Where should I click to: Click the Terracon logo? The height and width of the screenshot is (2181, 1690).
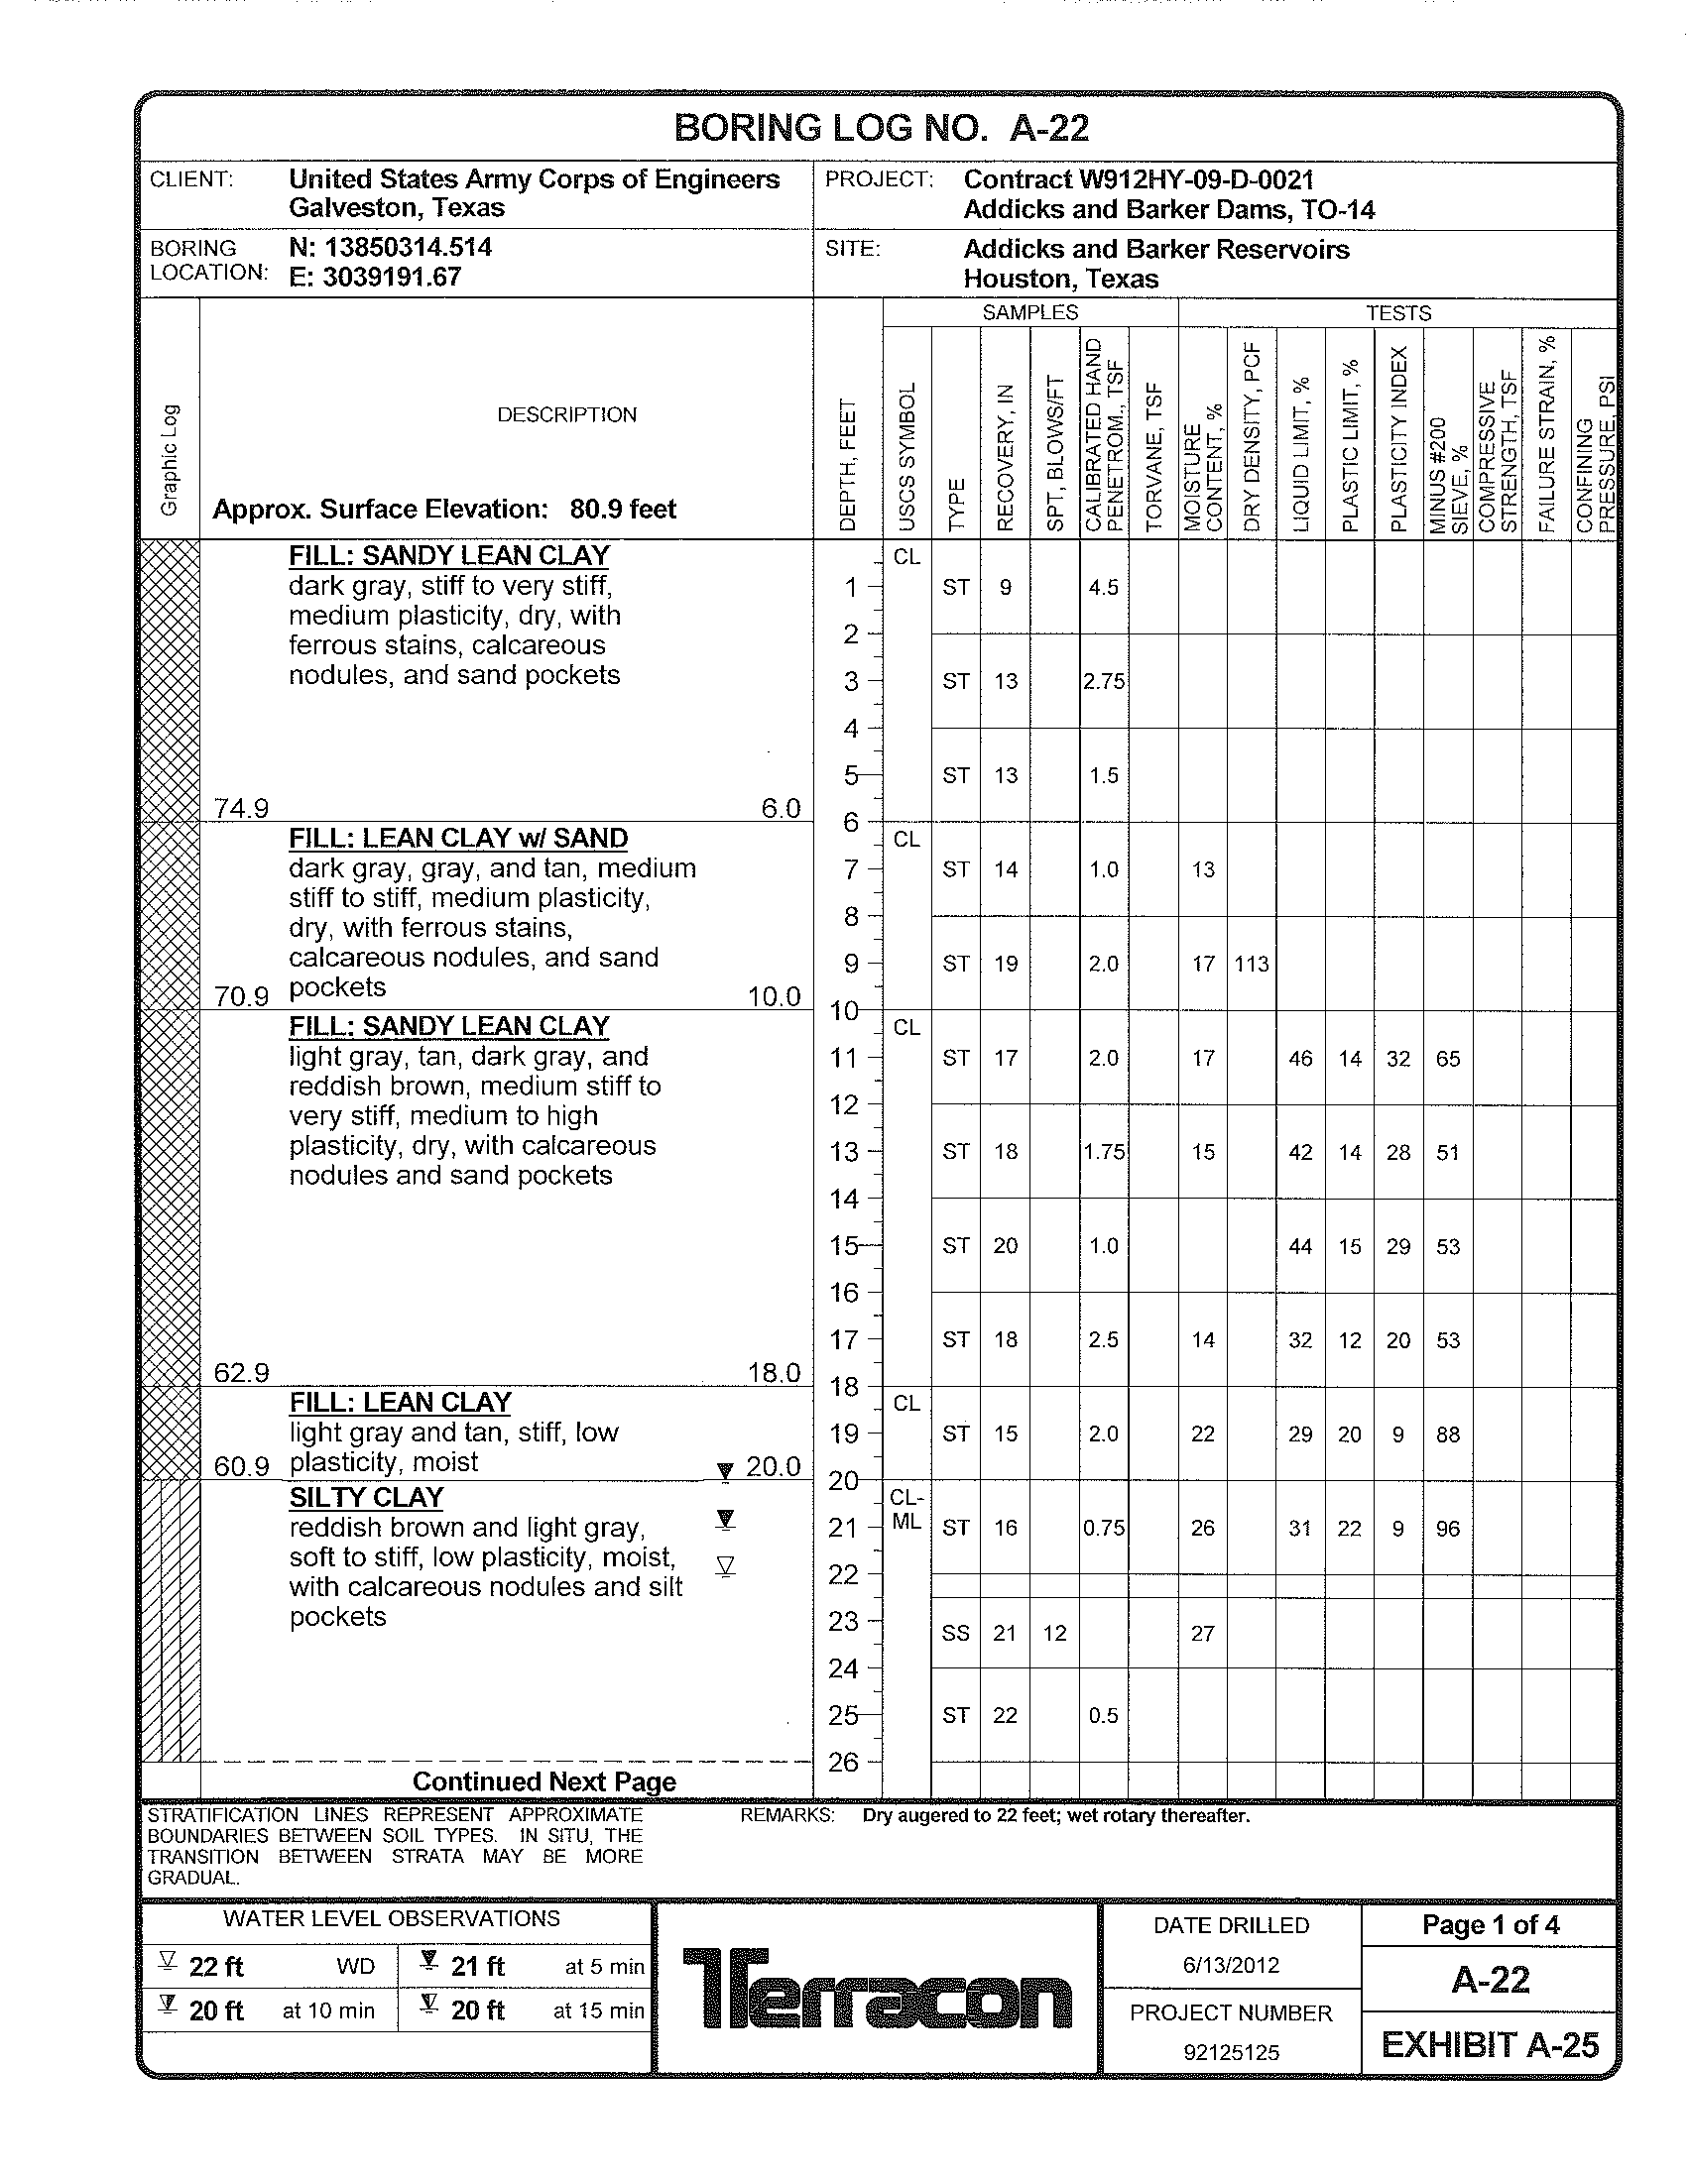click(877, 1989)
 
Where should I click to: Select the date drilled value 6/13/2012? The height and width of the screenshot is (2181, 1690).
click(1231, 1965)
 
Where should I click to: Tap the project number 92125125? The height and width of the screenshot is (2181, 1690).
click(1231, 2052)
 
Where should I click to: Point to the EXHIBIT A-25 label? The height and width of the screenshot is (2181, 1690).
click(1490, 2045)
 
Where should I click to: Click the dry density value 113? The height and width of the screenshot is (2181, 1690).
click(1252, 965)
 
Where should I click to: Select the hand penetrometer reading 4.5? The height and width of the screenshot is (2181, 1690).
click(1103, 588)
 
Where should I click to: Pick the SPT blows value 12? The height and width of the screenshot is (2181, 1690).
click(1054, 1634)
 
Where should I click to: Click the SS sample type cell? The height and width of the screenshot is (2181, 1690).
click(956, 1634)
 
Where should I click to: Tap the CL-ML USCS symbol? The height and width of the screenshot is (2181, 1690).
click(906, 1511)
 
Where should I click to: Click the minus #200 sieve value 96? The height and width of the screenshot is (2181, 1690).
click(1447, 1529)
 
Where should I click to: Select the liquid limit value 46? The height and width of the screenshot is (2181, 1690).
click(1300, 1059)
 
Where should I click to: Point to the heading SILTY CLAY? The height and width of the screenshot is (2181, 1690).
click(367, 1498)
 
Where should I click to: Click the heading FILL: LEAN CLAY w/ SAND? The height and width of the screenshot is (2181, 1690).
click(458, 839)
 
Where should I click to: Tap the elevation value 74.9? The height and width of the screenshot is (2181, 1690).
click(241, 808)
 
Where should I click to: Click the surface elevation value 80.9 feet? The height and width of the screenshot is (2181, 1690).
click(622, 510)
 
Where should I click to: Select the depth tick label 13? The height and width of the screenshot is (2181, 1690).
click(844, 1151)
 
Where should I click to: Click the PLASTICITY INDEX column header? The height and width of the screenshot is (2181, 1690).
click(1398, 439)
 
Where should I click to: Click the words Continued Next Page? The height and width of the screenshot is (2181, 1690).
click(544, 1782)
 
